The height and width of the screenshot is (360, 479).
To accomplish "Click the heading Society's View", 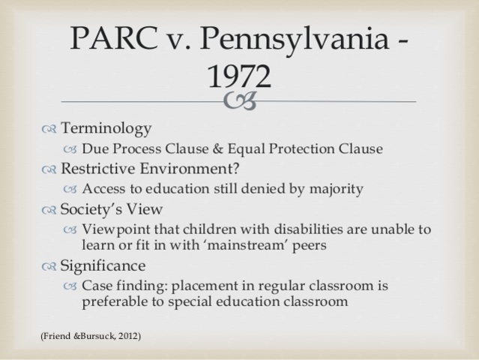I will coord(112,209).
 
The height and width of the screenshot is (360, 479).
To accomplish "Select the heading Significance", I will coord(103,265).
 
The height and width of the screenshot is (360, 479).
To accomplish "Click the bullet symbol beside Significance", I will coord(49,266).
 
